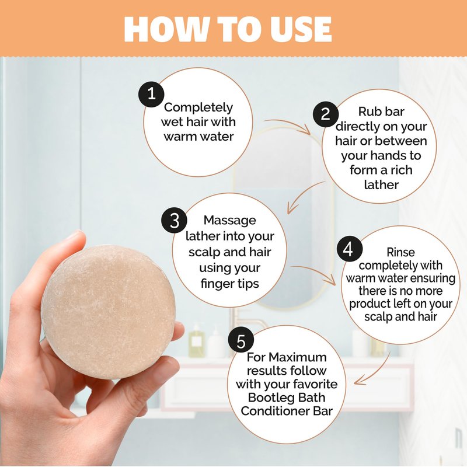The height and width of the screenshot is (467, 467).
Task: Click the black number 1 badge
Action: [x=151, y=95]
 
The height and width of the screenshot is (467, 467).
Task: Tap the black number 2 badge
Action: [x=326, y=114]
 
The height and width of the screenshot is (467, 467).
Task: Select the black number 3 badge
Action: [x=174, y=221]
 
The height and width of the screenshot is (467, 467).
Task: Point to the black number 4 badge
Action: [x=350, y=249]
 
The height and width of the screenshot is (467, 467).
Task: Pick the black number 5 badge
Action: [x=241, y=341]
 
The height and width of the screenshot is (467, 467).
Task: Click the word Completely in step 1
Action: [x=198, y=107]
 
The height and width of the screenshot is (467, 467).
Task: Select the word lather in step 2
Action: [x=381, y=184]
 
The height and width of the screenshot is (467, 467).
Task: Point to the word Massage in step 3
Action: [x=229, y=221]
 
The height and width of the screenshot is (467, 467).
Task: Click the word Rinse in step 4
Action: [x=400, y=252]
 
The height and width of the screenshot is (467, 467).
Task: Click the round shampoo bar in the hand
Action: [x=109, y=311]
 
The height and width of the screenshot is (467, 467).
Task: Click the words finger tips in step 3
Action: [x=229, y=284]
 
